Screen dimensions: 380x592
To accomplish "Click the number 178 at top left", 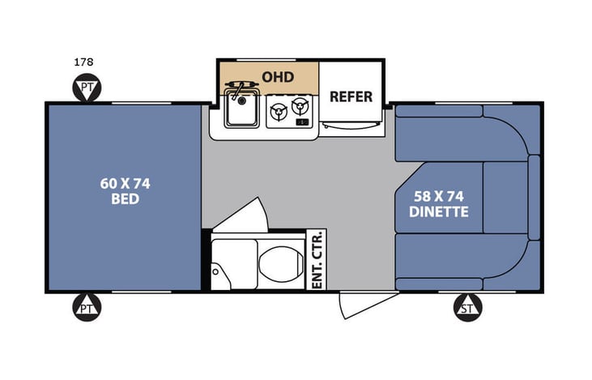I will click(83, 62).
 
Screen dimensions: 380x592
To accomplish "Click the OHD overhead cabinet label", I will click(278, 76).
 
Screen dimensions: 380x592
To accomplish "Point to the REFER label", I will click(351, 96).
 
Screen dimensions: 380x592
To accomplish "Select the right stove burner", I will click(302, 106).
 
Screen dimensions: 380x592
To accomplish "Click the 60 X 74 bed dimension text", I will click(125, 182).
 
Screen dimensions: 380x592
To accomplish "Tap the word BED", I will click(125, 199).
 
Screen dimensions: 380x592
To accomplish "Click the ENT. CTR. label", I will click(317, 259).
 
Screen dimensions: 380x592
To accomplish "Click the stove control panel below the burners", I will click(302, 122).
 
